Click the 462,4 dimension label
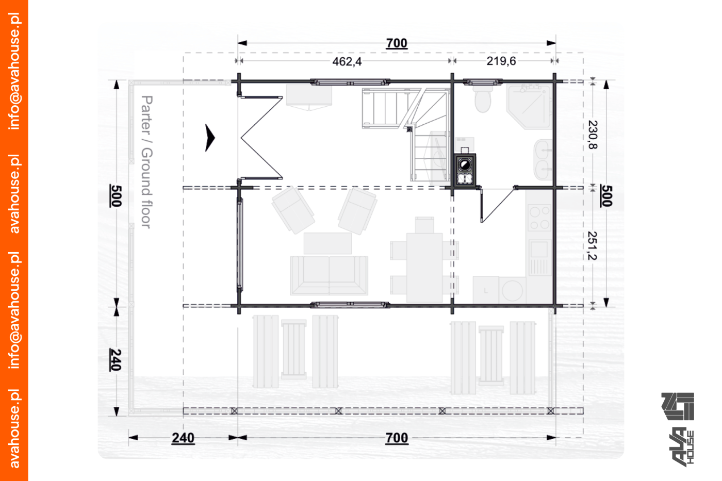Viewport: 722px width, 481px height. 347,61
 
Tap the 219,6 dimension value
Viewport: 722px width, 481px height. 501,60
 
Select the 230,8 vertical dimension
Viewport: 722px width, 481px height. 593,135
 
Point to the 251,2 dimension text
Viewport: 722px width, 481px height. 593,246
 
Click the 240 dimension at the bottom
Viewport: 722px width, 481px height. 183,438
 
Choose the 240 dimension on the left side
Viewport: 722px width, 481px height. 116,360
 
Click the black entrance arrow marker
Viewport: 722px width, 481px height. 210,138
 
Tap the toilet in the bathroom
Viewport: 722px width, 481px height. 483,98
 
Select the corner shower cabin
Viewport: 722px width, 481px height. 528,107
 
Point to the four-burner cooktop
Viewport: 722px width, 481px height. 539,218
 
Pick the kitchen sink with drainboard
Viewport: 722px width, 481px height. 539,258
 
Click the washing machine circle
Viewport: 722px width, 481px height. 512,291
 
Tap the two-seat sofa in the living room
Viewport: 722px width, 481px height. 329,275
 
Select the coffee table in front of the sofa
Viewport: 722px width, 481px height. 327,243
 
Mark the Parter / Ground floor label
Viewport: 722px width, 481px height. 146,162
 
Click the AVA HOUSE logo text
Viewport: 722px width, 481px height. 682,448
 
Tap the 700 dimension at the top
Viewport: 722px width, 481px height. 397,43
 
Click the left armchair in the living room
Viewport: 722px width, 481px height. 293,210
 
